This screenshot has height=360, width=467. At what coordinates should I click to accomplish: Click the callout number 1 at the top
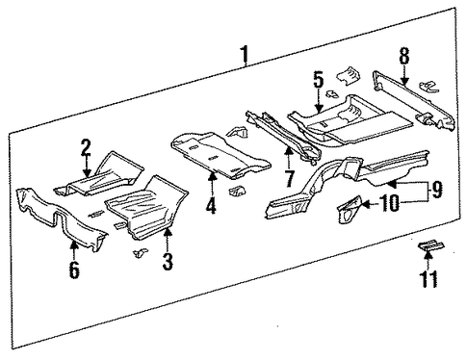pos(245,54)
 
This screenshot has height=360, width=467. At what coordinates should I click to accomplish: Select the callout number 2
pos(86,147)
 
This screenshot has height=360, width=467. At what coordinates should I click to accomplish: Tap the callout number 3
pos(168,262)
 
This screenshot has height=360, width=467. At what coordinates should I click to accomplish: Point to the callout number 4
pos(211,206)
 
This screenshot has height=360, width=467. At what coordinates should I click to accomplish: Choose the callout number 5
pos(318,80)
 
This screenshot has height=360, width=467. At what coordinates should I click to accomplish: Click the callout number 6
pos(74,270)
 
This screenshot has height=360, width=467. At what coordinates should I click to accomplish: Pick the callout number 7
pos(289,179)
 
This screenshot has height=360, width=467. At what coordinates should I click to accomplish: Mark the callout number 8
pos(404,56)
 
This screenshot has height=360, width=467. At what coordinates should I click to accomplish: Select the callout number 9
pos(437,189)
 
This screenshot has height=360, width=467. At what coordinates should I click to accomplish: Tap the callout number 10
pos(390,204)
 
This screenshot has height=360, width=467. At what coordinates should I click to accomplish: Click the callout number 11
pos(428,279)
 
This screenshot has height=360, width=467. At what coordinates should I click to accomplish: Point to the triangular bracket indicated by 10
pos(349,209)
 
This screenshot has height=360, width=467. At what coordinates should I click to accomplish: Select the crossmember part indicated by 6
pos(61,219)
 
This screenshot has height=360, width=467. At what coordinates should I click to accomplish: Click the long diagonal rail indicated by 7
pos(283,137)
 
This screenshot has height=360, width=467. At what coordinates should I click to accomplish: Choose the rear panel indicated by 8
pos(413,100)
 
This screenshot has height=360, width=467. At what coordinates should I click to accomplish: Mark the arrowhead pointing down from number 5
pos(318,108)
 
